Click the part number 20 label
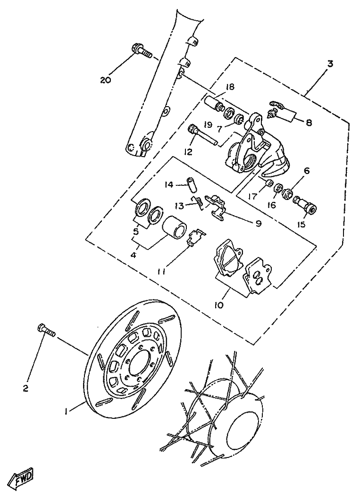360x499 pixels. pyautogui.click(x=105, y=80)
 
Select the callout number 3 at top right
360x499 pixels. pyautogui.click(x=330, y=64)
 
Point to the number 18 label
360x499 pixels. pyautogui.click(x=230, y=87)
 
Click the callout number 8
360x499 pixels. pyautogui.click(x=309, y=123)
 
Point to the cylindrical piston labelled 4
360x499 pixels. pyautogui.click(x=175, y=227)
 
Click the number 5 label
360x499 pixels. pyautogui.click(x=136, y=232)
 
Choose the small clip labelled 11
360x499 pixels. pyautogui.click(x=195, y=237)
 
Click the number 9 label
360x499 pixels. pyautogui.click(x=258, y=224)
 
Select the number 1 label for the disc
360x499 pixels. pyautogui.click(x=67, y=411)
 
